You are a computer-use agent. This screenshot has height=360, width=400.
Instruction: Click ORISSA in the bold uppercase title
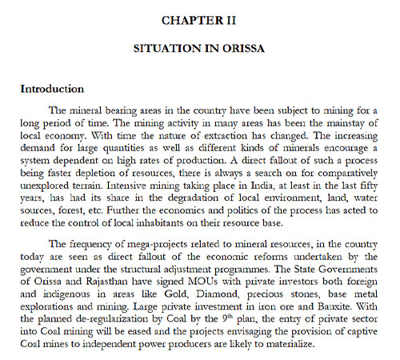(244, 49)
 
